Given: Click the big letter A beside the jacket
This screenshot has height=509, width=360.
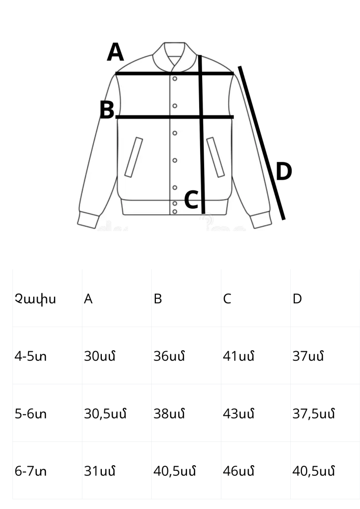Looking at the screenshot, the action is (115, 52).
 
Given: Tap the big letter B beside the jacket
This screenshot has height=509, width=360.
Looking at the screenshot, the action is (107, 110).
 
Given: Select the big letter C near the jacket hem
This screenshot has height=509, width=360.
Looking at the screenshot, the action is (191, 200).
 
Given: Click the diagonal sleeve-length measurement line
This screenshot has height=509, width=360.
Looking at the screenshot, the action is (262, 143).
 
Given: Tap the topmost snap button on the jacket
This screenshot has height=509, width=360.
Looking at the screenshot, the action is (175, 79).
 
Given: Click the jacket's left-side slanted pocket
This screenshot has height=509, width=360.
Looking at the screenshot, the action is (134, 157).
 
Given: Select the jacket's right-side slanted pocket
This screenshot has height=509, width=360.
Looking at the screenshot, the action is (215, 157).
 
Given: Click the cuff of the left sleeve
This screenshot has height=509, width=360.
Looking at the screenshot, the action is (88, 220).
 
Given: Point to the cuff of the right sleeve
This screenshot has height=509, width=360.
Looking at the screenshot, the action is (262, 220).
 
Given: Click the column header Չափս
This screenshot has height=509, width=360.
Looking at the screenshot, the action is (35, 299).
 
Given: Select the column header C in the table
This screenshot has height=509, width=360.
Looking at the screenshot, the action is (227, 299).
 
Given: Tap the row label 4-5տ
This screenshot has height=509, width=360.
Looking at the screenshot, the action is (31, 356).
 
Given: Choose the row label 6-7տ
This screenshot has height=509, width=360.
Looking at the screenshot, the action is (31, 471).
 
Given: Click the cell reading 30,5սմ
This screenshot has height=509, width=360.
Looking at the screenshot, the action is (105, 414).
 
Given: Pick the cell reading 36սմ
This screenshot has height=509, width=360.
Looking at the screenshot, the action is (169, 356).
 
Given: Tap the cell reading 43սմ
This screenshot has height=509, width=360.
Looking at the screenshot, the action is (239, 413).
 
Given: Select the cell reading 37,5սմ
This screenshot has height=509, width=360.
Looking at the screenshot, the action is (313, 414).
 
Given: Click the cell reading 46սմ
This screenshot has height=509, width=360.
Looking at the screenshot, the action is (239, 471).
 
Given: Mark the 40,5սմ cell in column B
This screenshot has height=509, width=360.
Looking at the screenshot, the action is (174, 471).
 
